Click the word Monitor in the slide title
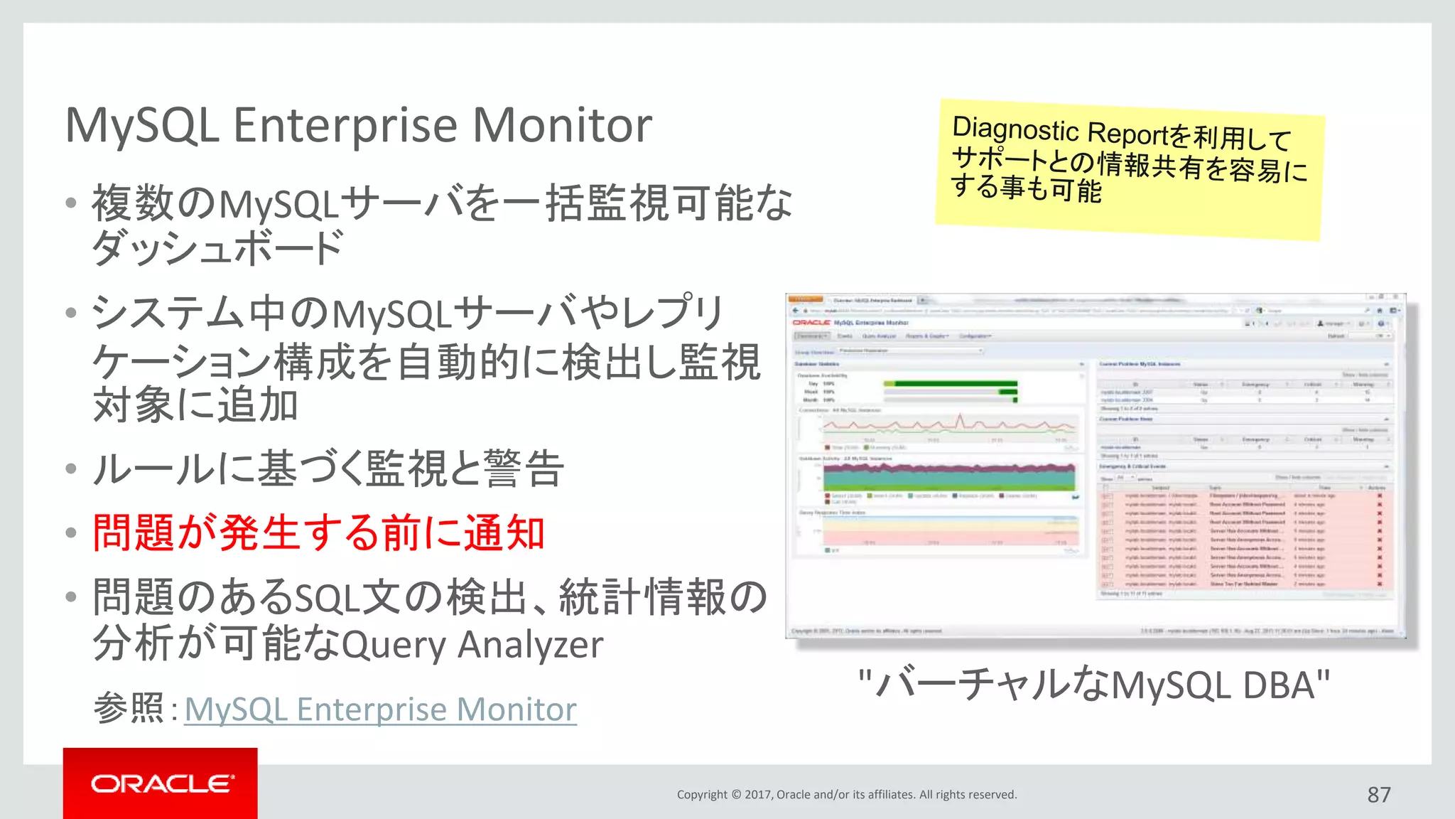(562, 126)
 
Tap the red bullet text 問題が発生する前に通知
(319, 532)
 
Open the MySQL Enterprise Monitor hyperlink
(380, 710)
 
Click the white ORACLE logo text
(162, 783)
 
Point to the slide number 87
(1378, 795)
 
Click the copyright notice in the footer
(846, 795)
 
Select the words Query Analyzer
(472, 646)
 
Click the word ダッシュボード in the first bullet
(217, 249)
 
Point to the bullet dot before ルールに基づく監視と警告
(70, 469)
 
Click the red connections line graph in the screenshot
(948, 425)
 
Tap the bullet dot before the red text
(70, 533)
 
